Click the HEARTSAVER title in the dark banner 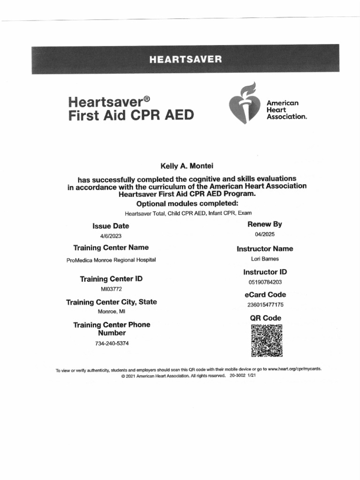pos(185,60)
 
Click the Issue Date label pos(111,226)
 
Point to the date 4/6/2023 pos(111,236)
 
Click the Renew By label pos(265,225)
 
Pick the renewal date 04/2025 pos(265,235)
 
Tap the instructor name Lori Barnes pos(265,259)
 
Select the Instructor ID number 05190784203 pos(265,282)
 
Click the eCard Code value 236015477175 pos(265,305)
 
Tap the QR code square pos(267,340)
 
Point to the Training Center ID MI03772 pos(111,289)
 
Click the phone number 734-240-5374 pos(112,343)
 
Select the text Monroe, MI pos(112,311)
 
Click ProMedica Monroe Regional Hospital pos(111,260)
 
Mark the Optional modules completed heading pos(187,203)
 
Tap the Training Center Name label pos(111,247)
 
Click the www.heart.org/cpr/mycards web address pos(294,369)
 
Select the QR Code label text pos(265,318)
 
